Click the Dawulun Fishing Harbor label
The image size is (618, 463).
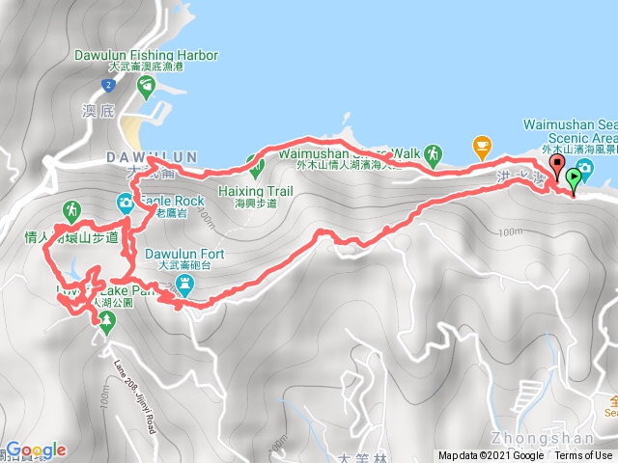146,56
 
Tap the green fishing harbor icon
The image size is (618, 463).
145,89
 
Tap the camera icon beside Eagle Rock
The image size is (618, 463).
126,203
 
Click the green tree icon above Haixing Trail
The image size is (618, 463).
256,169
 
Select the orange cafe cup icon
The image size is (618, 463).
481,147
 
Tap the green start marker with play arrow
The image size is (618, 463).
575,178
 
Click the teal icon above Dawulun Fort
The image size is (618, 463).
185,284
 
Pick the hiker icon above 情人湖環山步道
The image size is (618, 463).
71,209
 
